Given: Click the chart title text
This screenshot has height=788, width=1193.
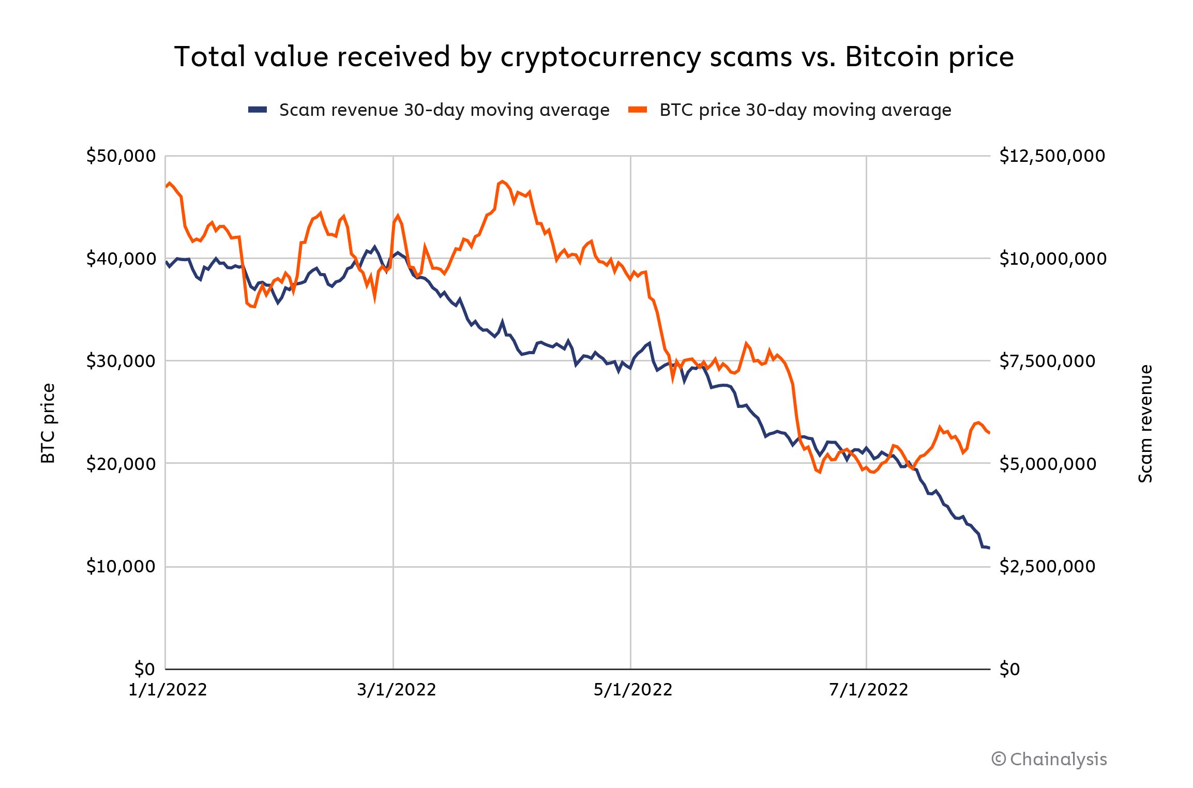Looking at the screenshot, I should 594,57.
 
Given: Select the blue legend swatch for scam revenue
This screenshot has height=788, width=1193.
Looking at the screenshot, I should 258,110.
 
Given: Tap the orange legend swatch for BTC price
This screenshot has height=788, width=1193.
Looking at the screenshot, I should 638,110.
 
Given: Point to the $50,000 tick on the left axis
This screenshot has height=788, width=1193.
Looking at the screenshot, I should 121,156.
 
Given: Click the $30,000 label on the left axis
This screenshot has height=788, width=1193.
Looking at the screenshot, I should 121,361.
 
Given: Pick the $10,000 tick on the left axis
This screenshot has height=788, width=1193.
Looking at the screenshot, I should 121,567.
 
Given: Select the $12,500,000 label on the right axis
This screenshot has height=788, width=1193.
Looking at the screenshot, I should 1052,156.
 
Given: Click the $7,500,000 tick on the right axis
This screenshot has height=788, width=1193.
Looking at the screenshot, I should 1047,361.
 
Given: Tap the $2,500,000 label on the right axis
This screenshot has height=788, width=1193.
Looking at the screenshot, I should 1047,567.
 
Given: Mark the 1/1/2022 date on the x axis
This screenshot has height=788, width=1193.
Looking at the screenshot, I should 168,690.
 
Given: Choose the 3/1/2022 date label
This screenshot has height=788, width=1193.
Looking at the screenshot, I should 396,690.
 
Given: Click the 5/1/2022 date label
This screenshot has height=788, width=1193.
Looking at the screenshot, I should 632,690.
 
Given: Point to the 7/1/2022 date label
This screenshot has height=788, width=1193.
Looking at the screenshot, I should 868,690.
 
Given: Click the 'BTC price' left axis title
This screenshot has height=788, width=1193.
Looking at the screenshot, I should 48,423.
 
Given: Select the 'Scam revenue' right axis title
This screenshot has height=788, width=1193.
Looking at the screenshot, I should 1145,423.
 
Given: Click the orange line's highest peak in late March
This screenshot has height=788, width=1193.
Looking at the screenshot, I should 502,181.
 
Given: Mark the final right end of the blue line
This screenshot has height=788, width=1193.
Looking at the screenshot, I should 989,548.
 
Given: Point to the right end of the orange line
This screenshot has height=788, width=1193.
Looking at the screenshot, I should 989,433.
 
